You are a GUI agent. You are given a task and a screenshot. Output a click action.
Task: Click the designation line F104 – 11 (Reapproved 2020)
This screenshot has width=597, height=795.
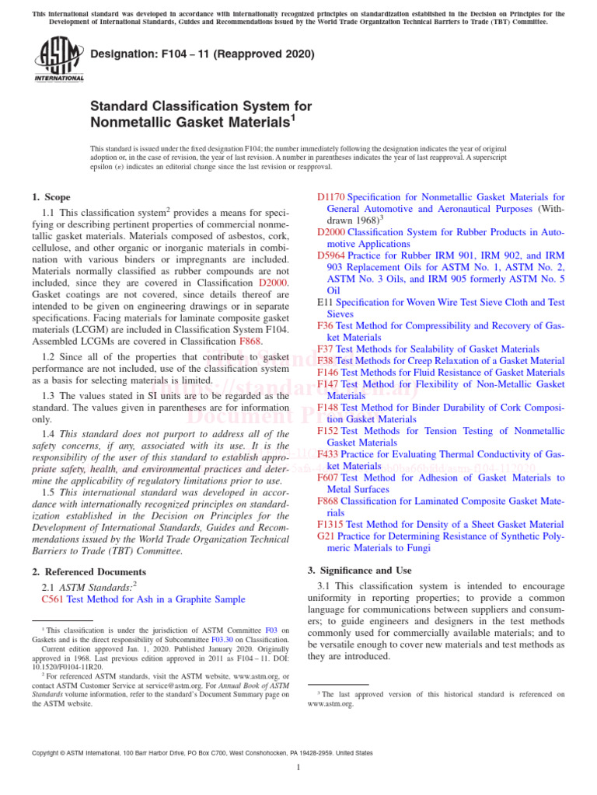pyautogui.click(x=203, y=54)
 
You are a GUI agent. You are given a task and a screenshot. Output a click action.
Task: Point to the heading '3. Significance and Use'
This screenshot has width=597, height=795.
pyautogui.click(x=360, y=570)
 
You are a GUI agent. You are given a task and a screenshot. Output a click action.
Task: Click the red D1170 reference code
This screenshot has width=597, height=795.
pyautogui.click(x=331, y=198)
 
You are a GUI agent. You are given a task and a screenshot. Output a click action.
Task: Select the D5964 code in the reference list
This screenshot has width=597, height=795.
pyautogui.click(x=331, y=255)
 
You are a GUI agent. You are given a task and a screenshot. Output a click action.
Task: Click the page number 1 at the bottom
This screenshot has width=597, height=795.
pyautogui.click(x=298, y=767)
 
